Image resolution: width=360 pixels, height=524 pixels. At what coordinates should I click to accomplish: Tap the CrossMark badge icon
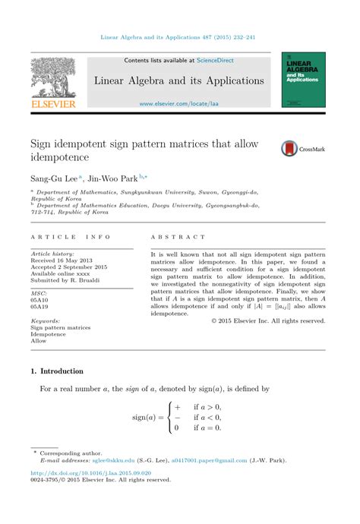click(x=289, y=149)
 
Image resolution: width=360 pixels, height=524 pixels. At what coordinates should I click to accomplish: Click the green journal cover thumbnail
click(x=303, y=79)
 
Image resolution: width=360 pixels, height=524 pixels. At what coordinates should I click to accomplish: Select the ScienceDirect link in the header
click(x=215, y=60)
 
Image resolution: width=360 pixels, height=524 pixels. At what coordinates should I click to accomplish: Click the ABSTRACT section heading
click(x=178, y=238)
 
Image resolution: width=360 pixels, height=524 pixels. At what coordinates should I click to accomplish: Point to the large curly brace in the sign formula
click(x=169, y=418)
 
